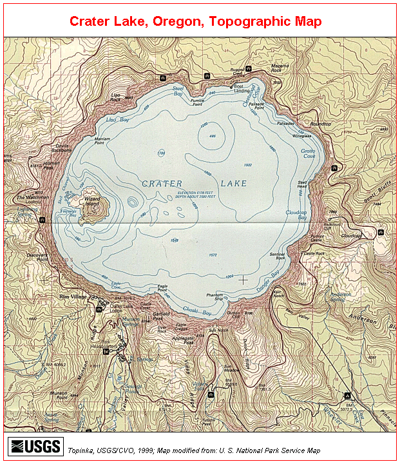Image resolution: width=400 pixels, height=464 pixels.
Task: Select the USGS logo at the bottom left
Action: click(x=35, y=446)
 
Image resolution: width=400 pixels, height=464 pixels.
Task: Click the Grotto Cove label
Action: click(x=308, y=153)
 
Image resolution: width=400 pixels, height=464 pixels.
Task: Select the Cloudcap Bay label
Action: click(x=296, y=214)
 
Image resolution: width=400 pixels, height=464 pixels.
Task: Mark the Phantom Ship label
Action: click(x=214, y=297)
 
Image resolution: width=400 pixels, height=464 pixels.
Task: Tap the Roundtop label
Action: click(x=320, y=123)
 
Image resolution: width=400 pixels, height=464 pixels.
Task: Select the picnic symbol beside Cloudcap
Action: click(x=382, y=231)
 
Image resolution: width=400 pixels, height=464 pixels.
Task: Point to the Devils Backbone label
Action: click(x=62, y=148)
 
